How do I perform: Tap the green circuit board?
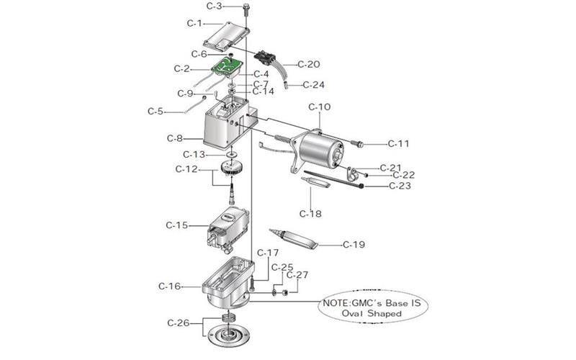point(229,68)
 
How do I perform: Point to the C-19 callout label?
point(354,245)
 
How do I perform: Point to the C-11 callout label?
point(398,144)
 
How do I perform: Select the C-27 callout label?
point(297,275)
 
